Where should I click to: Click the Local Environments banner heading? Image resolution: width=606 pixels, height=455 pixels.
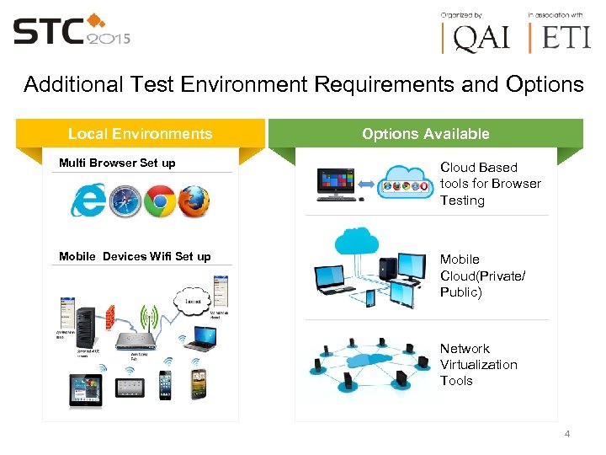point(140,133)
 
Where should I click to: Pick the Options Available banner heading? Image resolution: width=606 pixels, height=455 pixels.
point(425,133)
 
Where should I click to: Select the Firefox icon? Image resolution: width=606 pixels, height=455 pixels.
point(194,201)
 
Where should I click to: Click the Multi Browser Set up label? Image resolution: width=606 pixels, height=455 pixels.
point(117,163)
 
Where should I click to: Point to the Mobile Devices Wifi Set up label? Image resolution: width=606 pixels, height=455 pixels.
point(135,256)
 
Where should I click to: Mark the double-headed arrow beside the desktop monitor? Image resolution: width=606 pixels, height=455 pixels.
point(367,182)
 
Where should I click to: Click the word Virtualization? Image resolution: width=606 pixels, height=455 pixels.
point(478,364)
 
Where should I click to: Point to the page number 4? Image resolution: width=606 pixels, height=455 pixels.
point(566,434)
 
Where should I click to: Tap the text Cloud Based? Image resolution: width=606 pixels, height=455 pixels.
point(478,167)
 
